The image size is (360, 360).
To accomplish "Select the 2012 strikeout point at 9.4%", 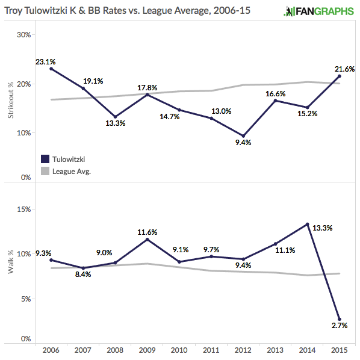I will (x=243, y=135).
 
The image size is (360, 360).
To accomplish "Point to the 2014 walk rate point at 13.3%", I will (x=307, y=225).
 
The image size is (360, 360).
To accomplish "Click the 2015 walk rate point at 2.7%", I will (x=340, y=319).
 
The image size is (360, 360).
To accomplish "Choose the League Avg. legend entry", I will (x=66, y=171).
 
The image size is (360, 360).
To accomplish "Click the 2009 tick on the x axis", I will (x=147, y=350).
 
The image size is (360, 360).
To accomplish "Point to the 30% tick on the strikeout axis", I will (x=23, y=34).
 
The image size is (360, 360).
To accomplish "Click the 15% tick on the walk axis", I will (x=23, y=209).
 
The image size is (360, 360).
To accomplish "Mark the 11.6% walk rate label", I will (x=148, y=231).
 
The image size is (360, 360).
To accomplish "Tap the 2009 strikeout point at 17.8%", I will (x=147, y=95).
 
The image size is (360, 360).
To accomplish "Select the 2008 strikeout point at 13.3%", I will (x=114, y=116).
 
